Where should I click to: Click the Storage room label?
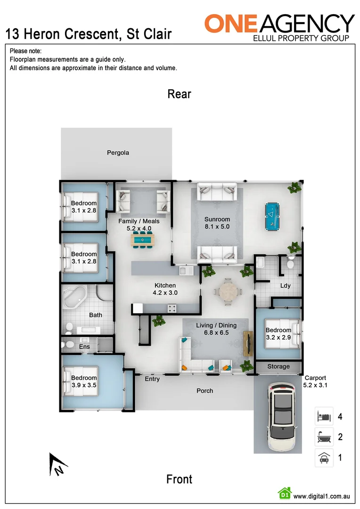278,367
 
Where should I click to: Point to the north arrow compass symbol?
57,464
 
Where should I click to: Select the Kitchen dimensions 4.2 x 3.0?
165,292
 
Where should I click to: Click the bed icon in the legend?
324,417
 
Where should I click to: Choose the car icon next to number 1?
324,458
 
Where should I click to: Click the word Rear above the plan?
180,94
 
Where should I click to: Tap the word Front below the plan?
180,479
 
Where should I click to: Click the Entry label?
152,379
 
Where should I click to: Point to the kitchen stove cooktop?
172,309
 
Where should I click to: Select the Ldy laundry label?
285,286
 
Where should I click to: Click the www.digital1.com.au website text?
321,496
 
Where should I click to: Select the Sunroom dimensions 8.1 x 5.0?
217,226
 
